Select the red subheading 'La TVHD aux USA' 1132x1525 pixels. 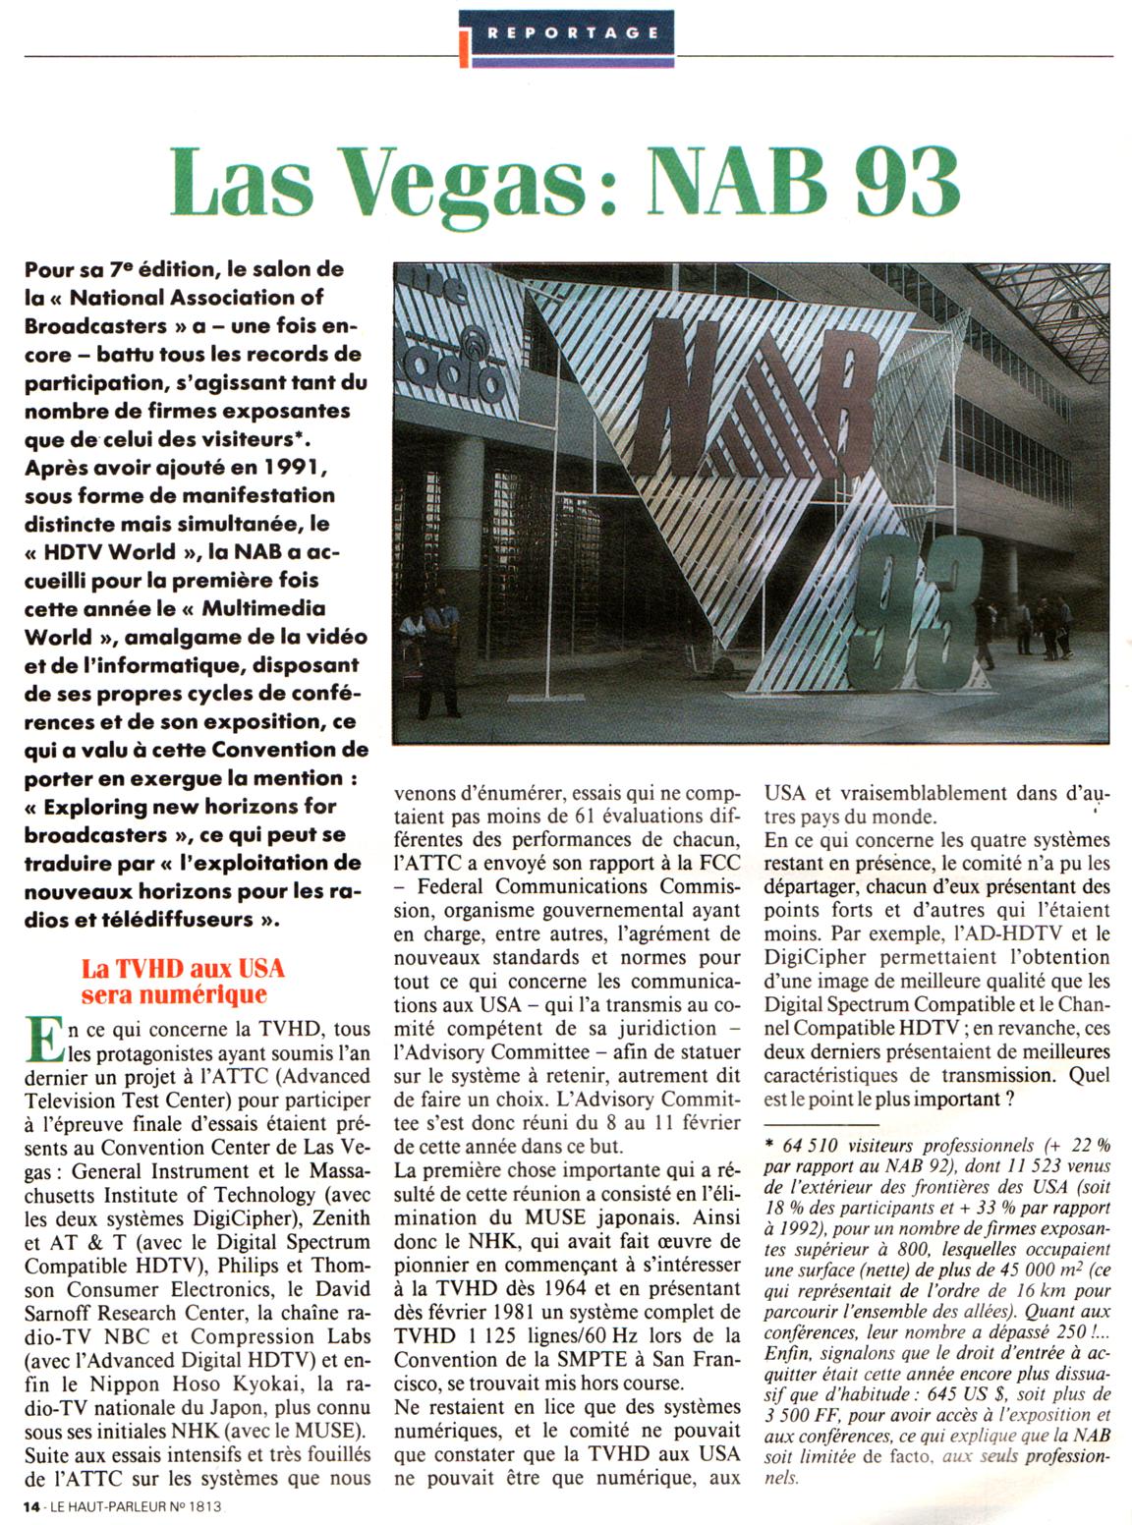point(183,969)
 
